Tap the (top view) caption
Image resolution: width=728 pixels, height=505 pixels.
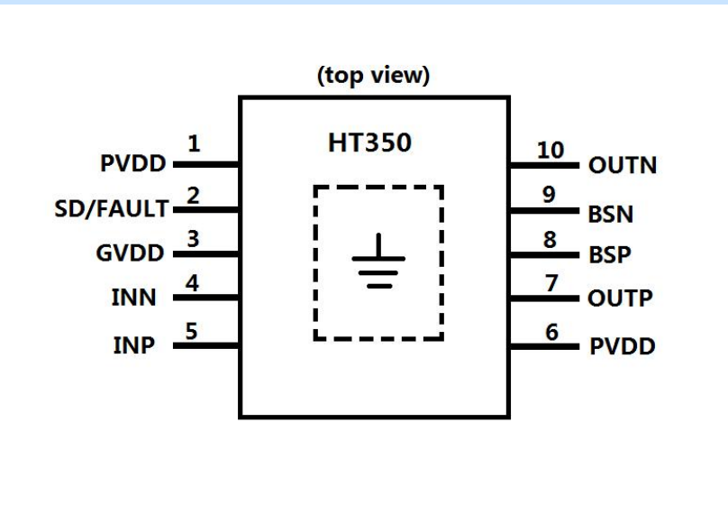[x=373, y=76]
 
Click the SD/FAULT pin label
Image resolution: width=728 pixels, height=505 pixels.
[x=111, y=209]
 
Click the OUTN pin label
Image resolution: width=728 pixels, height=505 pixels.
[x=623, y=167]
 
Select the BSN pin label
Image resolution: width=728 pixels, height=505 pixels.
[x=610, y=215]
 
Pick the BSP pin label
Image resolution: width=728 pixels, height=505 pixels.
[x=610, y=255]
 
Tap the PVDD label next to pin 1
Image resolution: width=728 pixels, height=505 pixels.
[x=133, y=165]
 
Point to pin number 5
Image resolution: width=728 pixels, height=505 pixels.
[x=191, y=330]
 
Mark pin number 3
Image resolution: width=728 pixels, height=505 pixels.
[x=191, y=239]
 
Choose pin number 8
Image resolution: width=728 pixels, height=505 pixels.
[x=551, y=241]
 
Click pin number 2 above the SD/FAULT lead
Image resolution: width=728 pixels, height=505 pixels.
[x=192, y=194]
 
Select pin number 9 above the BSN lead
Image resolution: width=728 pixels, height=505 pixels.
[x=551, y=195]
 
